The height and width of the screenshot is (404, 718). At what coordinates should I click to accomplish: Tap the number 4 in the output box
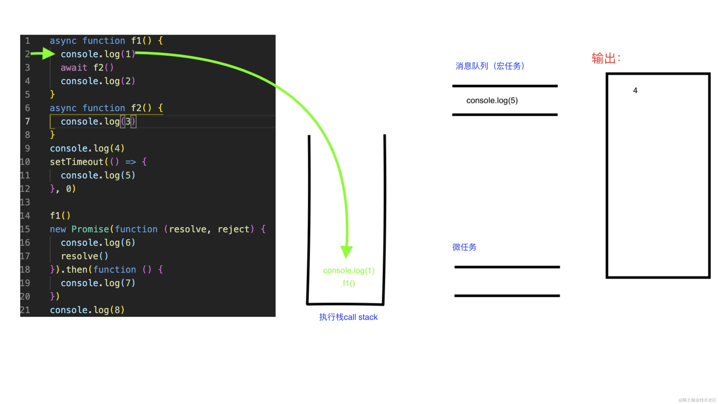pyautogui.click(x=635, y=90)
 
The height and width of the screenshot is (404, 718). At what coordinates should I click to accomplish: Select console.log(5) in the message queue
pyautogui.click(x=492, y=100)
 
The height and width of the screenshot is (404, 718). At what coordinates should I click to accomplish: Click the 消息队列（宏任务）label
pyautogui.click(x=490, y=66)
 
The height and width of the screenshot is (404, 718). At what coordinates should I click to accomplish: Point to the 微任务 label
pyautogui.click(x=464, y=247)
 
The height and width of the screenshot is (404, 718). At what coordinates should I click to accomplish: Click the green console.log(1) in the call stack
pyautogui.click(x=349, y=271)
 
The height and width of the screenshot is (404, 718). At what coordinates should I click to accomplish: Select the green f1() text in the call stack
pyautogui.click(x=349, y=283)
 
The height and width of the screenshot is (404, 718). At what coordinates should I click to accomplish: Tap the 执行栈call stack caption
pyautogui.click(x=348, y=317)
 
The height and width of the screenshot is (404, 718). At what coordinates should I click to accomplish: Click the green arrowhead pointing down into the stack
pyautogui.click(x=346, y=251)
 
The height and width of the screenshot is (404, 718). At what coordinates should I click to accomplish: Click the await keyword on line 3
pyautogui.click(x=74, y=67)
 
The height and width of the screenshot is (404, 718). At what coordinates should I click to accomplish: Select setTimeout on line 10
pyautogui.click(x=77, y=162)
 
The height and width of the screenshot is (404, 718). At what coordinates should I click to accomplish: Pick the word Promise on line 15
pyautogui.click(x=90, y=229)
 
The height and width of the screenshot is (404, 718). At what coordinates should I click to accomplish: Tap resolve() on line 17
pyautogui.click(x=84, y=256)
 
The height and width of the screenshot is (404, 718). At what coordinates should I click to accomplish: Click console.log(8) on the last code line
pyautogui.click(x=87, y=310)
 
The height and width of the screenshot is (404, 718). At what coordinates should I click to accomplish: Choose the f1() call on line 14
pyautogui.click(x=60, y=215)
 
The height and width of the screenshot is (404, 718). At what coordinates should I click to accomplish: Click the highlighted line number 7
pyautogui.click(x=27, y=121)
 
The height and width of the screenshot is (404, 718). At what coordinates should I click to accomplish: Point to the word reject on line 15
pyautogui.click(x=234, y=229)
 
